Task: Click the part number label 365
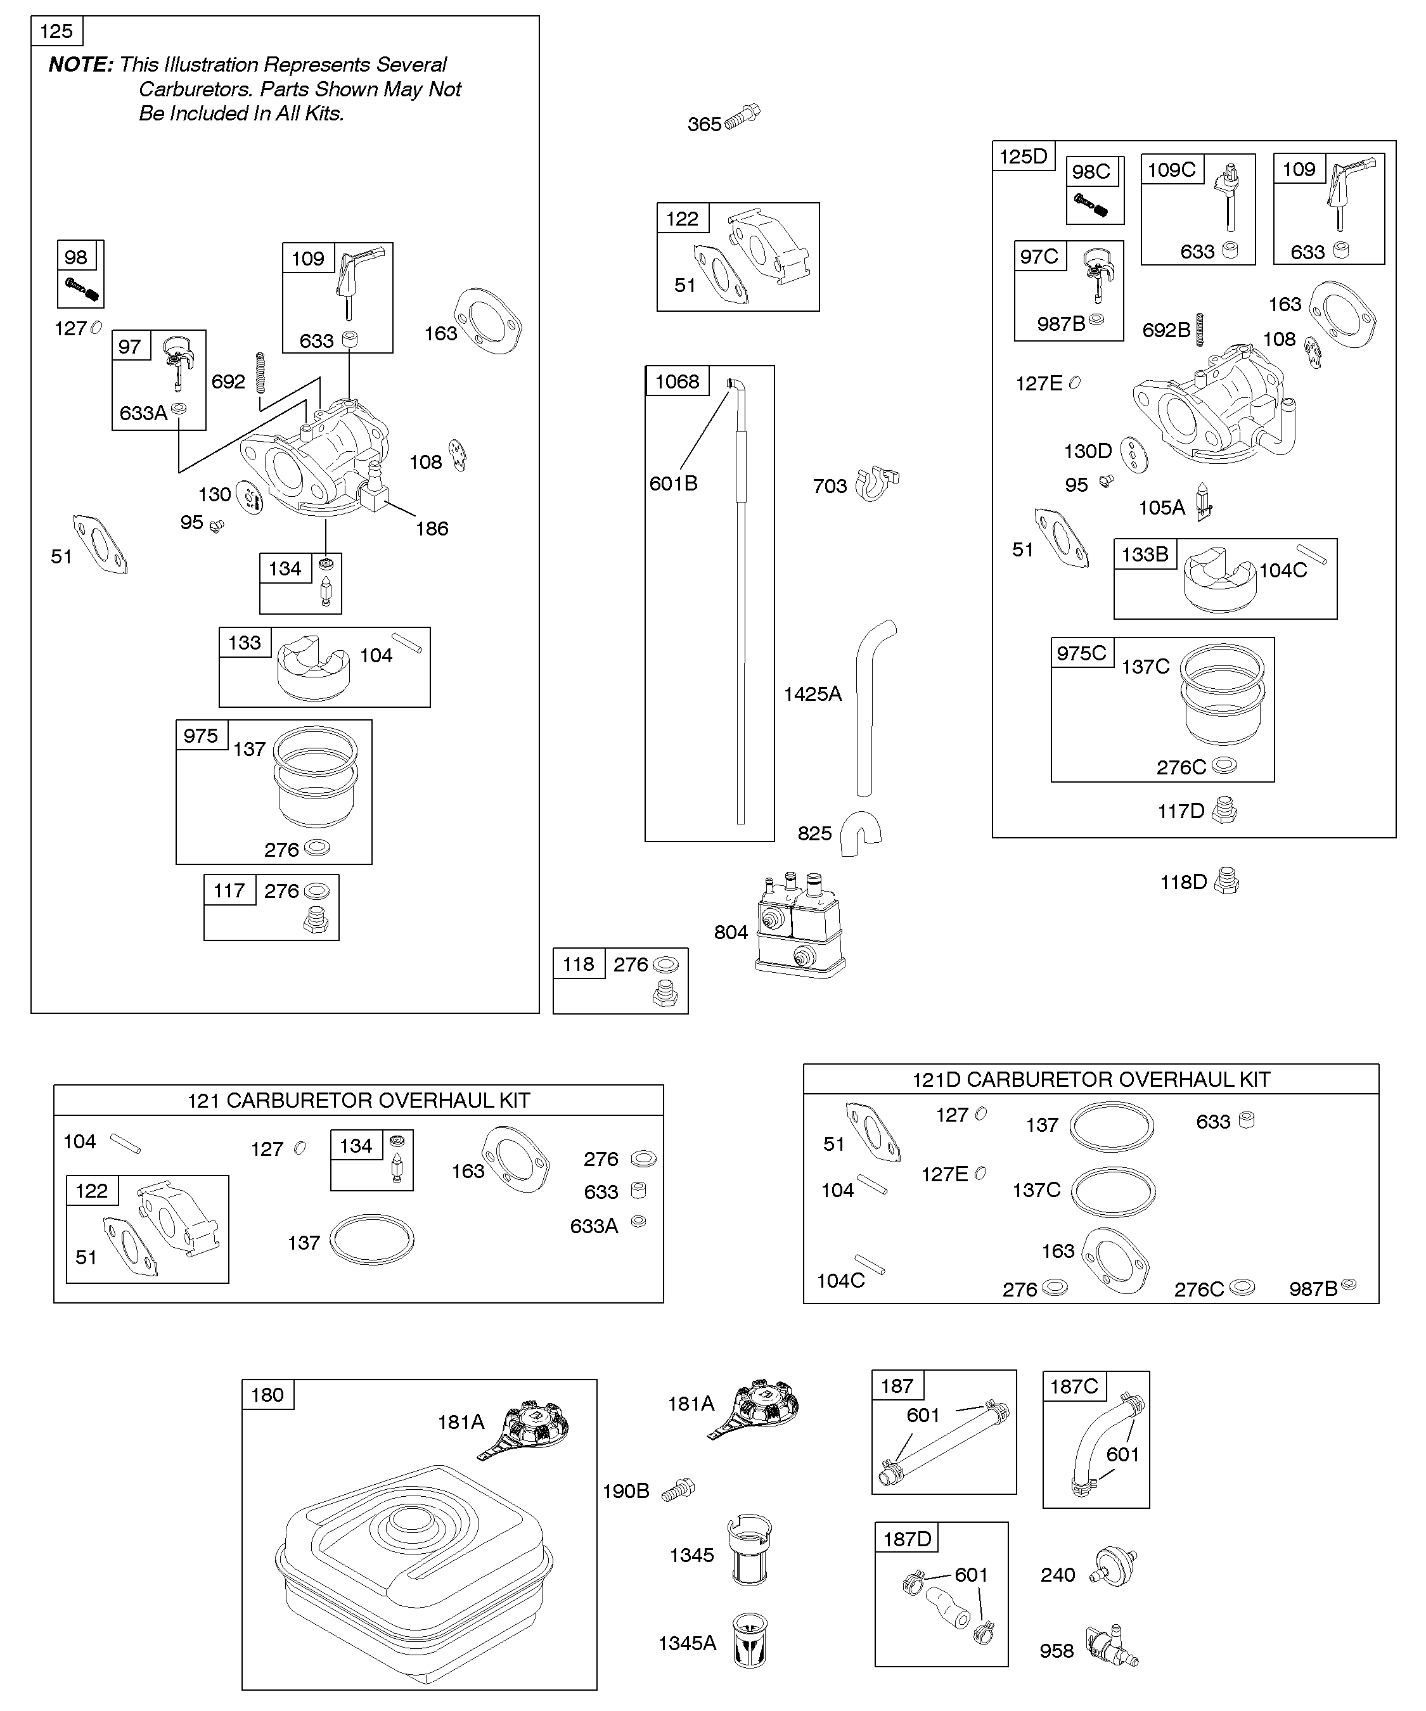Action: (704, 125)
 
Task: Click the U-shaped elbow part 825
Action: (861, 833)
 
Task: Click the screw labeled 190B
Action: (678, 1489)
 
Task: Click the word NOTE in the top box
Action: (80, 65)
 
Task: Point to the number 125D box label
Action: (1023, 157)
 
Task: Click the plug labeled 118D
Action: (1226, 881)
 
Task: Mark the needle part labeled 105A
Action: (1204, 503)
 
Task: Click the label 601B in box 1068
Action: (673, 484)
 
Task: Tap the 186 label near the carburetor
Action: (432, 529)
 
